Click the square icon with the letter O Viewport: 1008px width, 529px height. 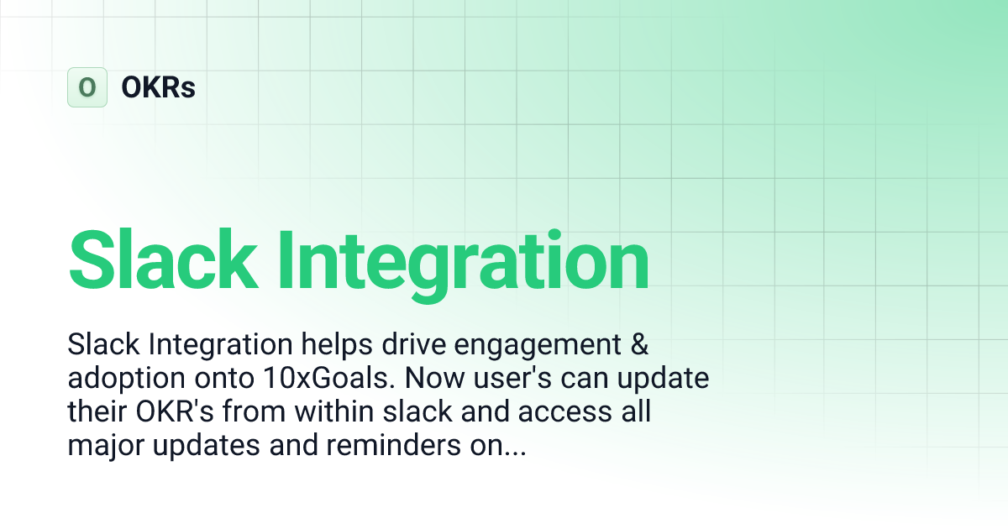tap(87, 87)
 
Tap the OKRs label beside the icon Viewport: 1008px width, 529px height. tap(158, 87)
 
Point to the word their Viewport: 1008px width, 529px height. tap(98, 412)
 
